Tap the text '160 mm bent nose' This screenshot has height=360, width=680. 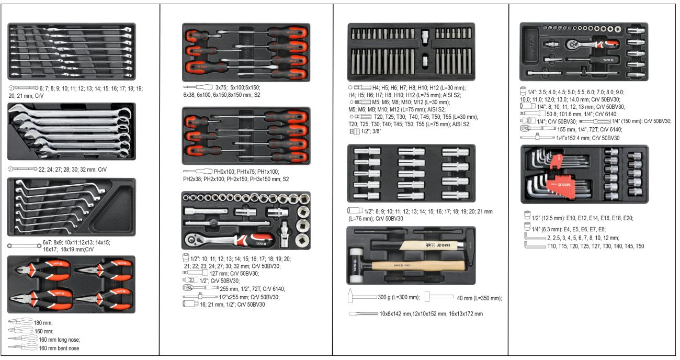point(59,348)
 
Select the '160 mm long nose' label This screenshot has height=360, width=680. point(60,340)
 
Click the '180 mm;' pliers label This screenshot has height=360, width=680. point(43,323)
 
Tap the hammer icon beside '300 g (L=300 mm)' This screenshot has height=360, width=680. point(361,296)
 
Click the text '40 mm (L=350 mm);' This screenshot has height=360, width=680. point(479,298)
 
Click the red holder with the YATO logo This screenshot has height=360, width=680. point(561,185)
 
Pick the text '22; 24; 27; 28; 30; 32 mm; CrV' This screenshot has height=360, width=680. point(73,170)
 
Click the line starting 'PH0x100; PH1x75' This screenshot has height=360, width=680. point(246,172)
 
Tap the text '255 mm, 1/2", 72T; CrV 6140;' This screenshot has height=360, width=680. point(252,289)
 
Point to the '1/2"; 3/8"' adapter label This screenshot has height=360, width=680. point(371,131)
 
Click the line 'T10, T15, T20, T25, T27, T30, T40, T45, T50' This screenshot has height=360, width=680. point(595,246)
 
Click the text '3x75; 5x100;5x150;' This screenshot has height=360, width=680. point(237,87)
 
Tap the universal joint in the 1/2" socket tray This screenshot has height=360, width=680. point(285,234)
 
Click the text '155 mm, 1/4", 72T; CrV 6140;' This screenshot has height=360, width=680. point(590,129)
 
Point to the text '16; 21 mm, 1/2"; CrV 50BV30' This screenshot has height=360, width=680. point(232,305)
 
